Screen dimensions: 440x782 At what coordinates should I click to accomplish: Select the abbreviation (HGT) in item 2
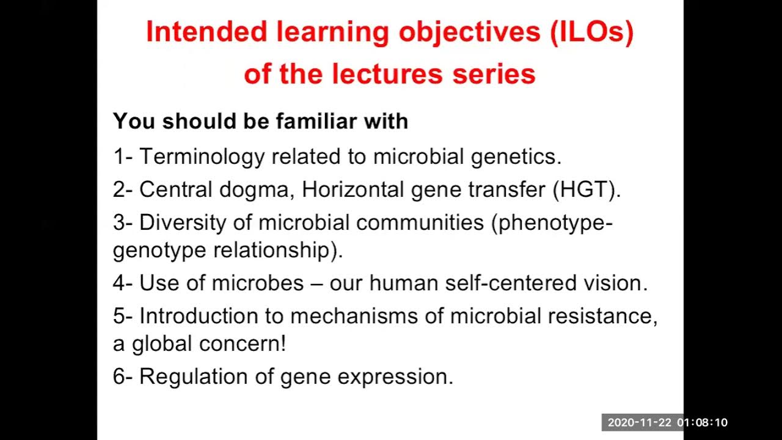point(586,189)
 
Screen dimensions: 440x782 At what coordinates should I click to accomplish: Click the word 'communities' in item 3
point(420,222)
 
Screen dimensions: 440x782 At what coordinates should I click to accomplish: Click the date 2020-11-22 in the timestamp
point(638,423)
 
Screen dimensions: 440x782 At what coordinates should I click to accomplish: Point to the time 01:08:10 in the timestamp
point(702,423)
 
